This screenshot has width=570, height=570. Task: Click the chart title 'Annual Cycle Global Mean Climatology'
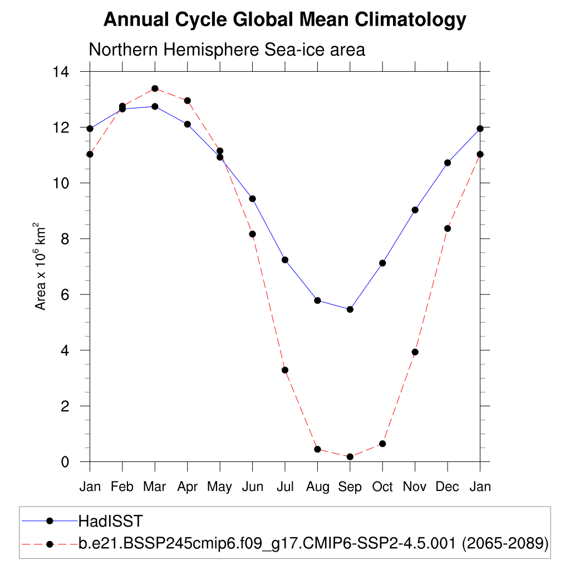tap(284, 20)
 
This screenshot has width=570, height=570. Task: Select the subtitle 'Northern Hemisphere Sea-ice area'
tap(227, 50)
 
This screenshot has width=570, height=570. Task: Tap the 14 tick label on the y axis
tap(61, 72)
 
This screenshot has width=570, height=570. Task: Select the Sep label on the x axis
tap(350, 487)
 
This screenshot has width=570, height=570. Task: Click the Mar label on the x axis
tap(155, 487)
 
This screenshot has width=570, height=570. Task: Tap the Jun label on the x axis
tap(252, 487)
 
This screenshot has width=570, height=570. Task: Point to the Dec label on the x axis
tap(447, 487)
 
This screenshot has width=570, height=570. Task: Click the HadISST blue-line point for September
tap(350, 309)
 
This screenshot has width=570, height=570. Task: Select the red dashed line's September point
tap(350, 457)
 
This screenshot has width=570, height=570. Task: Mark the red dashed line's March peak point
tap(155, 89)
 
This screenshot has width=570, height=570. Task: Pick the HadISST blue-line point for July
tap(285, 260)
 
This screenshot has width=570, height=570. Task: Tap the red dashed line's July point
tap(285, 370)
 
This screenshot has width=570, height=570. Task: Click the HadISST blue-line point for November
tap(415, 210)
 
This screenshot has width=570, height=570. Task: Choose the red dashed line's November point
tap(415, 352)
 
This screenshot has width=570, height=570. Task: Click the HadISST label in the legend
tap(111, 521)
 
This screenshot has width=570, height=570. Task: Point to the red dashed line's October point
tap(382, 444)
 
